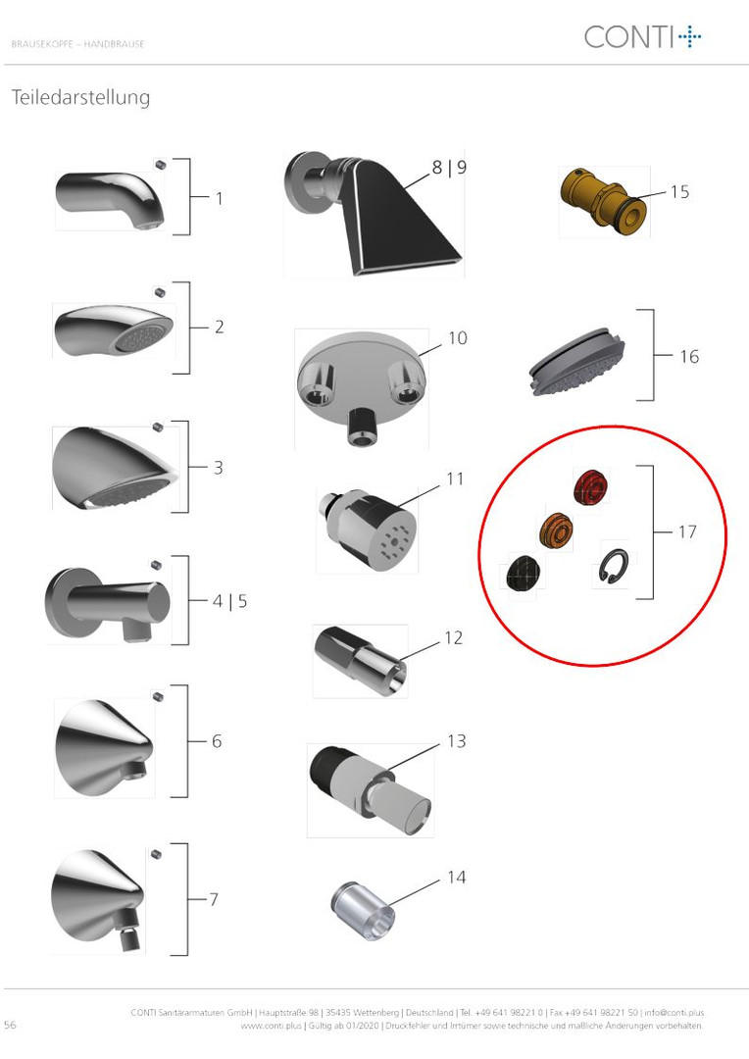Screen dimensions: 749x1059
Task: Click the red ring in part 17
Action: click(591, 486)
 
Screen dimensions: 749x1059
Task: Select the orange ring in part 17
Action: click(556, 530)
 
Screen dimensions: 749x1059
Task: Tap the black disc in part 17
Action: click(523, 574)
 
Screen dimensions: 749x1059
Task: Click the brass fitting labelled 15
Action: click(603, 199)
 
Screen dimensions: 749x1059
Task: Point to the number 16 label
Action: click(689, 357)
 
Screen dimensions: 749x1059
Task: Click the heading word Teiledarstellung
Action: click(80, 98)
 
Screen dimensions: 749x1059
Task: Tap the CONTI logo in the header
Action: click(642, 36)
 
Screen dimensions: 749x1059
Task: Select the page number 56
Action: click(10, 1025)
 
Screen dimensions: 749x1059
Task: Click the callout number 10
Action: click(457, 337)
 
